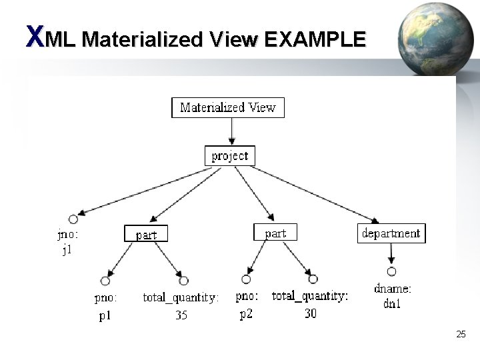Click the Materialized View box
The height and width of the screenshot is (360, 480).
228,107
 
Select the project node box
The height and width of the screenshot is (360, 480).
229,156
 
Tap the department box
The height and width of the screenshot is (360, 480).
391,233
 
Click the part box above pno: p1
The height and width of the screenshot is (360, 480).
146,234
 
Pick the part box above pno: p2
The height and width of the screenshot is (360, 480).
275,233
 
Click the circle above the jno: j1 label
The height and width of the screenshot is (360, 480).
73,219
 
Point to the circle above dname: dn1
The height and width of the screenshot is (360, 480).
391,271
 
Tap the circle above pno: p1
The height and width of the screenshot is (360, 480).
105,280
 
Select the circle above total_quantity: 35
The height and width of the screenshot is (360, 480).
183,280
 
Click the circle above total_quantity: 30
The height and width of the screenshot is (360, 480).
313,279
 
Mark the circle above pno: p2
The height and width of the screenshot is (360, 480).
247,279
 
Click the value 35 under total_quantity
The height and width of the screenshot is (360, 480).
181,315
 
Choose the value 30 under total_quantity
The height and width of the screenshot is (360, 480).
311,313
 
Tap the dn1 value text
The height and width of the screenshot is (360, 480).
392,305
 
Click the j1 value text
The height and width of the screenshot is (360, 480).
67,251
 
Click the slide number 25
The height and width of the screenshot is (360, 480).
461,334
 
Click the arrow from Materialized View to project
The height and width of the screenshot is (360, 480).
230,132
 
